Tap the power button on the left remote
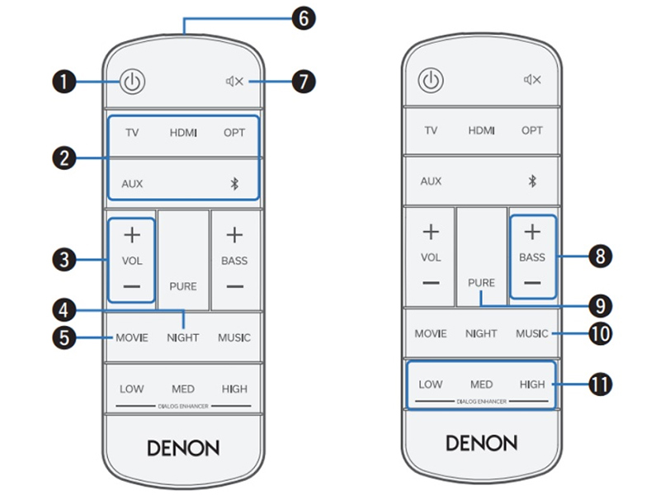133,81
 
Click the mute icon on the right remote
532,79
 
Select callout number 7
304,81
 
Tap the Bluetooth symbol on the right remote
532,181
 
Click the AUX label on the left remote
132,183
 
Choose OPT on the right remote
532,130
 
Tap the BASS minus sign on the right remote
532,282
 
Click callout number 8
600,257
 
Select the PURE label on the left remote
183,286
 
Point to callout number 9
600,305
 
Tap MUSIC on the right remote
532,333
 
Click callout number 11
600,384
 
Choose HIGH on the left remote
234,389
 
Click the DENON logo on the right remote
482,443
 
